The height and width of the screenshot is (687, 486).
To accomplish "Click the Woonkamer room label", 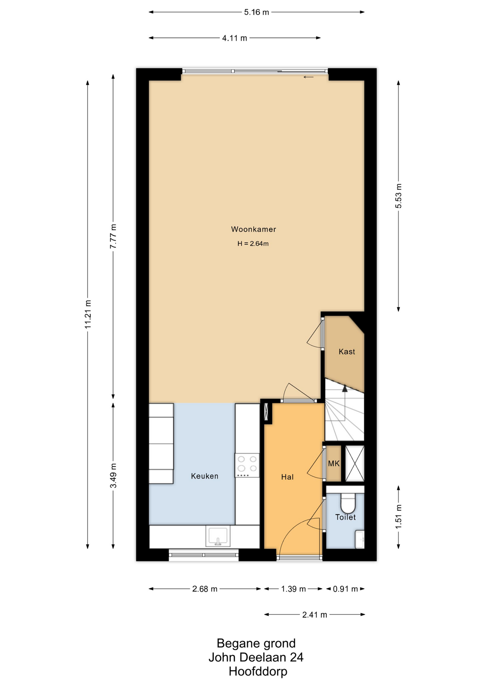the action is point(253,229).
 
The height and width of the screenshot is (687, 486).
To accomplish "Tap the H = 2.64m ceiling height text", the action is point(253,244).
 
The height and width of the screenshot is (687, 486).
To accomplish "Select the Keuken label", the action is point(204,476).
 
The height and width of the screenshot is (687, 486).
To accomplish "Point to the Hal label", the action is point(287,477).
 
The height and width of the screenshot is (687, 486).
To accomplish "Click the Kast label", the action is point(347,352).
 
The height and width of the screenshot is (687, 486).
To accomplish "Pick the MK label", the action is point(334,464).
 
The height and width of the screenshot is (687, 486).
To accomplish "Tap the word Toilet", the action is point(345,517).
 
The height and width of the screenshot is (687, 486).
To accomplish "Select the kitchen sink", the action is point(218,536).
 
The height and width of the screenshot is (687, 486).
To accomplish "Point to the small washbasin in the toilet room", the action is point(360,540).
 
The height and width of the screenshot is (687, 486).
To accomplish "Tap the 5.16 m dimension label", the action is point(257,12).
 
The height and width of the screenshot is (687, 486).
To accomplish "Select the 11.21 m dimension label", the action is point(88,314).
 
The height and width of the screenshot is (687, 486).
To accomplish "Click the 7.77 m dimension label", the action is point(113,236).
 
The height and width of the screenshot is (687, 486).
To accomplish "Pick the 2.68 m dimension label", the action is point(205,589).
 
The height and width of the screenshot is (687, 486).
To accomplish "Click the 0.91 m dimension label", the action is point(345,589).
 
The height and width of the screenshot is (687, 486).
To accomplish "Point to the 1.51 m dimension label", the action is point(399,517).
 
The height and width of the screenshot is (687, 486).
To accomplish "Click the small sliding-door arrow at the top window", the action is point(308,77).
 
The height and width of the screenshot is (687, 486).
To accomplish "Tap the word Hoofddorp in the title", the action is point(258,672).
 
